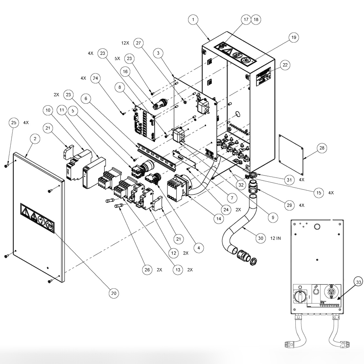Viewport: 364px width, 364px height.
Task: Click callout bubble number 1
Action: (x=193, y=20)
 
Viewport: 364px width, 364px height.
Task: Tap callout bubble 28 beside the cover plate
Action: (x=321, y=148)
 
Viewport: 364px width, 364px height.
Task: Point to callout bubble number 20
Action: (x=113, y=293)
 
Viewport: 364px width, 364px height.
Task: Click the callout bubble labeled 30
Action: (x=261, y=238)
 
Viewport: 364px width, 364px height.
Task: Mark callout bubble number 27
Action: (x=139, y=43)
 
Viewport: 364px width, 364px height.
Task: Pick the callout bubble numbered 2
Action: (x=35, y=139)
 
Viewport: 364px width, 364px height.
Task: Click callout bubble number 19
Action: (x=293, y=37)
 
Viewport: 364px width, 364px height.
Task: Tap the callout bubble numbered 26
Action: (x=147, y=270)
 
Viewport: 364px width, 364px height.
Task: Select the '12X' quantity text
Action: (x=125, y=43)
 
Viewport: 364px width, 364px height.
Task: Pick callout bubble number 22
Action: (x=284, y=65)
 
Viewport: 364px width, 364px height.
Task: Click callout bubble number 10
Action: (x=48, y=110)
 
